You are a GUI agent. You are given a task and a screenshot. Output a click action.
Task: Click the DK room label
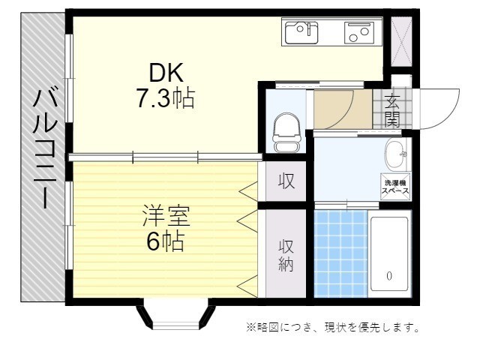pyautogui.click(x=166, y=73)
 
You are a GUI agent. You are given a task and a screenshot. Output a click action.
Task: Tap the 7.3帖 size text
pyautogui.click(x=165, y=97)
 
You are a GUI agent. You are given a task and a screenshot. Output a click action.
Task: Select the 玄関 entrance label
pyautogui.click(x=391, y=109)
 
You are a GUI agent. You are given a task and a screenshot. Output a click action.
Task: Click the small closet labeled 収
pyautogui.click(x=286, y=181)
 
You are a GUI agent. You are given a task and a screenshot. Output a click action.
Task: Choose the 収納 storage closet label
pyautogui.click(x=286, y=255)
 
